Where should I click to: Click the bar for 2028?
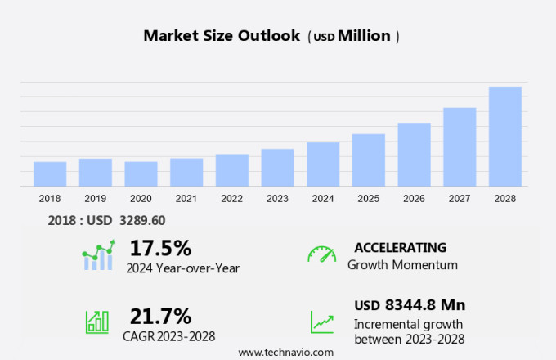pos(504,137)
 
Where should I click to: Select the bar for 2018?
pos(50,174)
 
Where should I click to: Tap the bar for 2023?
pos(277,168)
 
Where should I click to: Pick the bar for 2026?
pos(414,155)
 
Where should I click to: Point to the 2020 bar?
pos(141,174)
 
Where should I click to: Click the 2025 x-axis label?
pos(368,198)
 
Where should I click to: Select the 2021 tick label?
pos(186,198)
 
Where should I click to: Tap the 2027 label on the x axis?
pos(460,198)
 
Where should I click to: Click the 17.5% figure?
pos(160,247)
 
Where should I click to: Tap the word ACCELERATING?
pos(400,247)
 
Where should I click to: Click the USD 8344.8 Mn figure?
pos(410,305)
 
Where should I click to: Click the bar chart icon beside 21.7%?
pos(97,322)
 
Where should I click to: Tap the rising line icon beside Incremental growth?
pos(321,322)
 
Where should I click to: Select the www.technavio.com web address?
pos(285,352)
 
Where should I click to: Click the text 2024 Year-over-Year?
pos(182,268)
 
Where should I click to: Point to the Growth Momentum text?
pos(402,265)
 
